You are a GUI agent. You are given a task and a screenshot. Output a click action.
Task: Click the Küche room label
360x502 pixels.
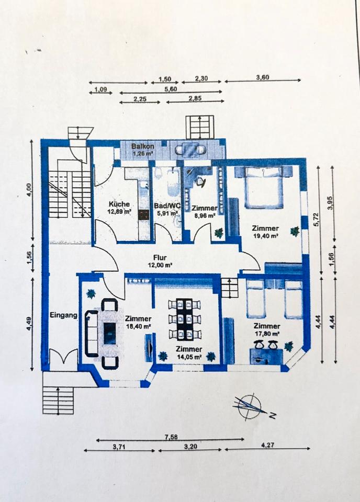pos(119,204)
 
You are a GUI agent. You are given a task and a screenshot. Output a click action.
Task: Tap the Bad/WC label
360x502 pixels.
pos(167,206)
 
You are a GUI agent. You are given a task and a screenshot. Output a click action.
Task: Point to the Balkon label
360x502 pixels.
pos(142,146)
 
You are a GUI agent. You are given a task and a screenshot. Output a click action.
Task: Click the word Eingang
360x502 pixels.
pos(64,315)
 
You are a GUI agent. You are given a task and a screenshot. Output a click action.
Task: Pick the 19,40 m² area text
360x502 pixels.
pos(265,236)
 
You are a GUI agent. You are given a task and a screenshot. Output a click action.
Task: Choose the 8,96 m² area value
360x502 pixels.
pos(204,215)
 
